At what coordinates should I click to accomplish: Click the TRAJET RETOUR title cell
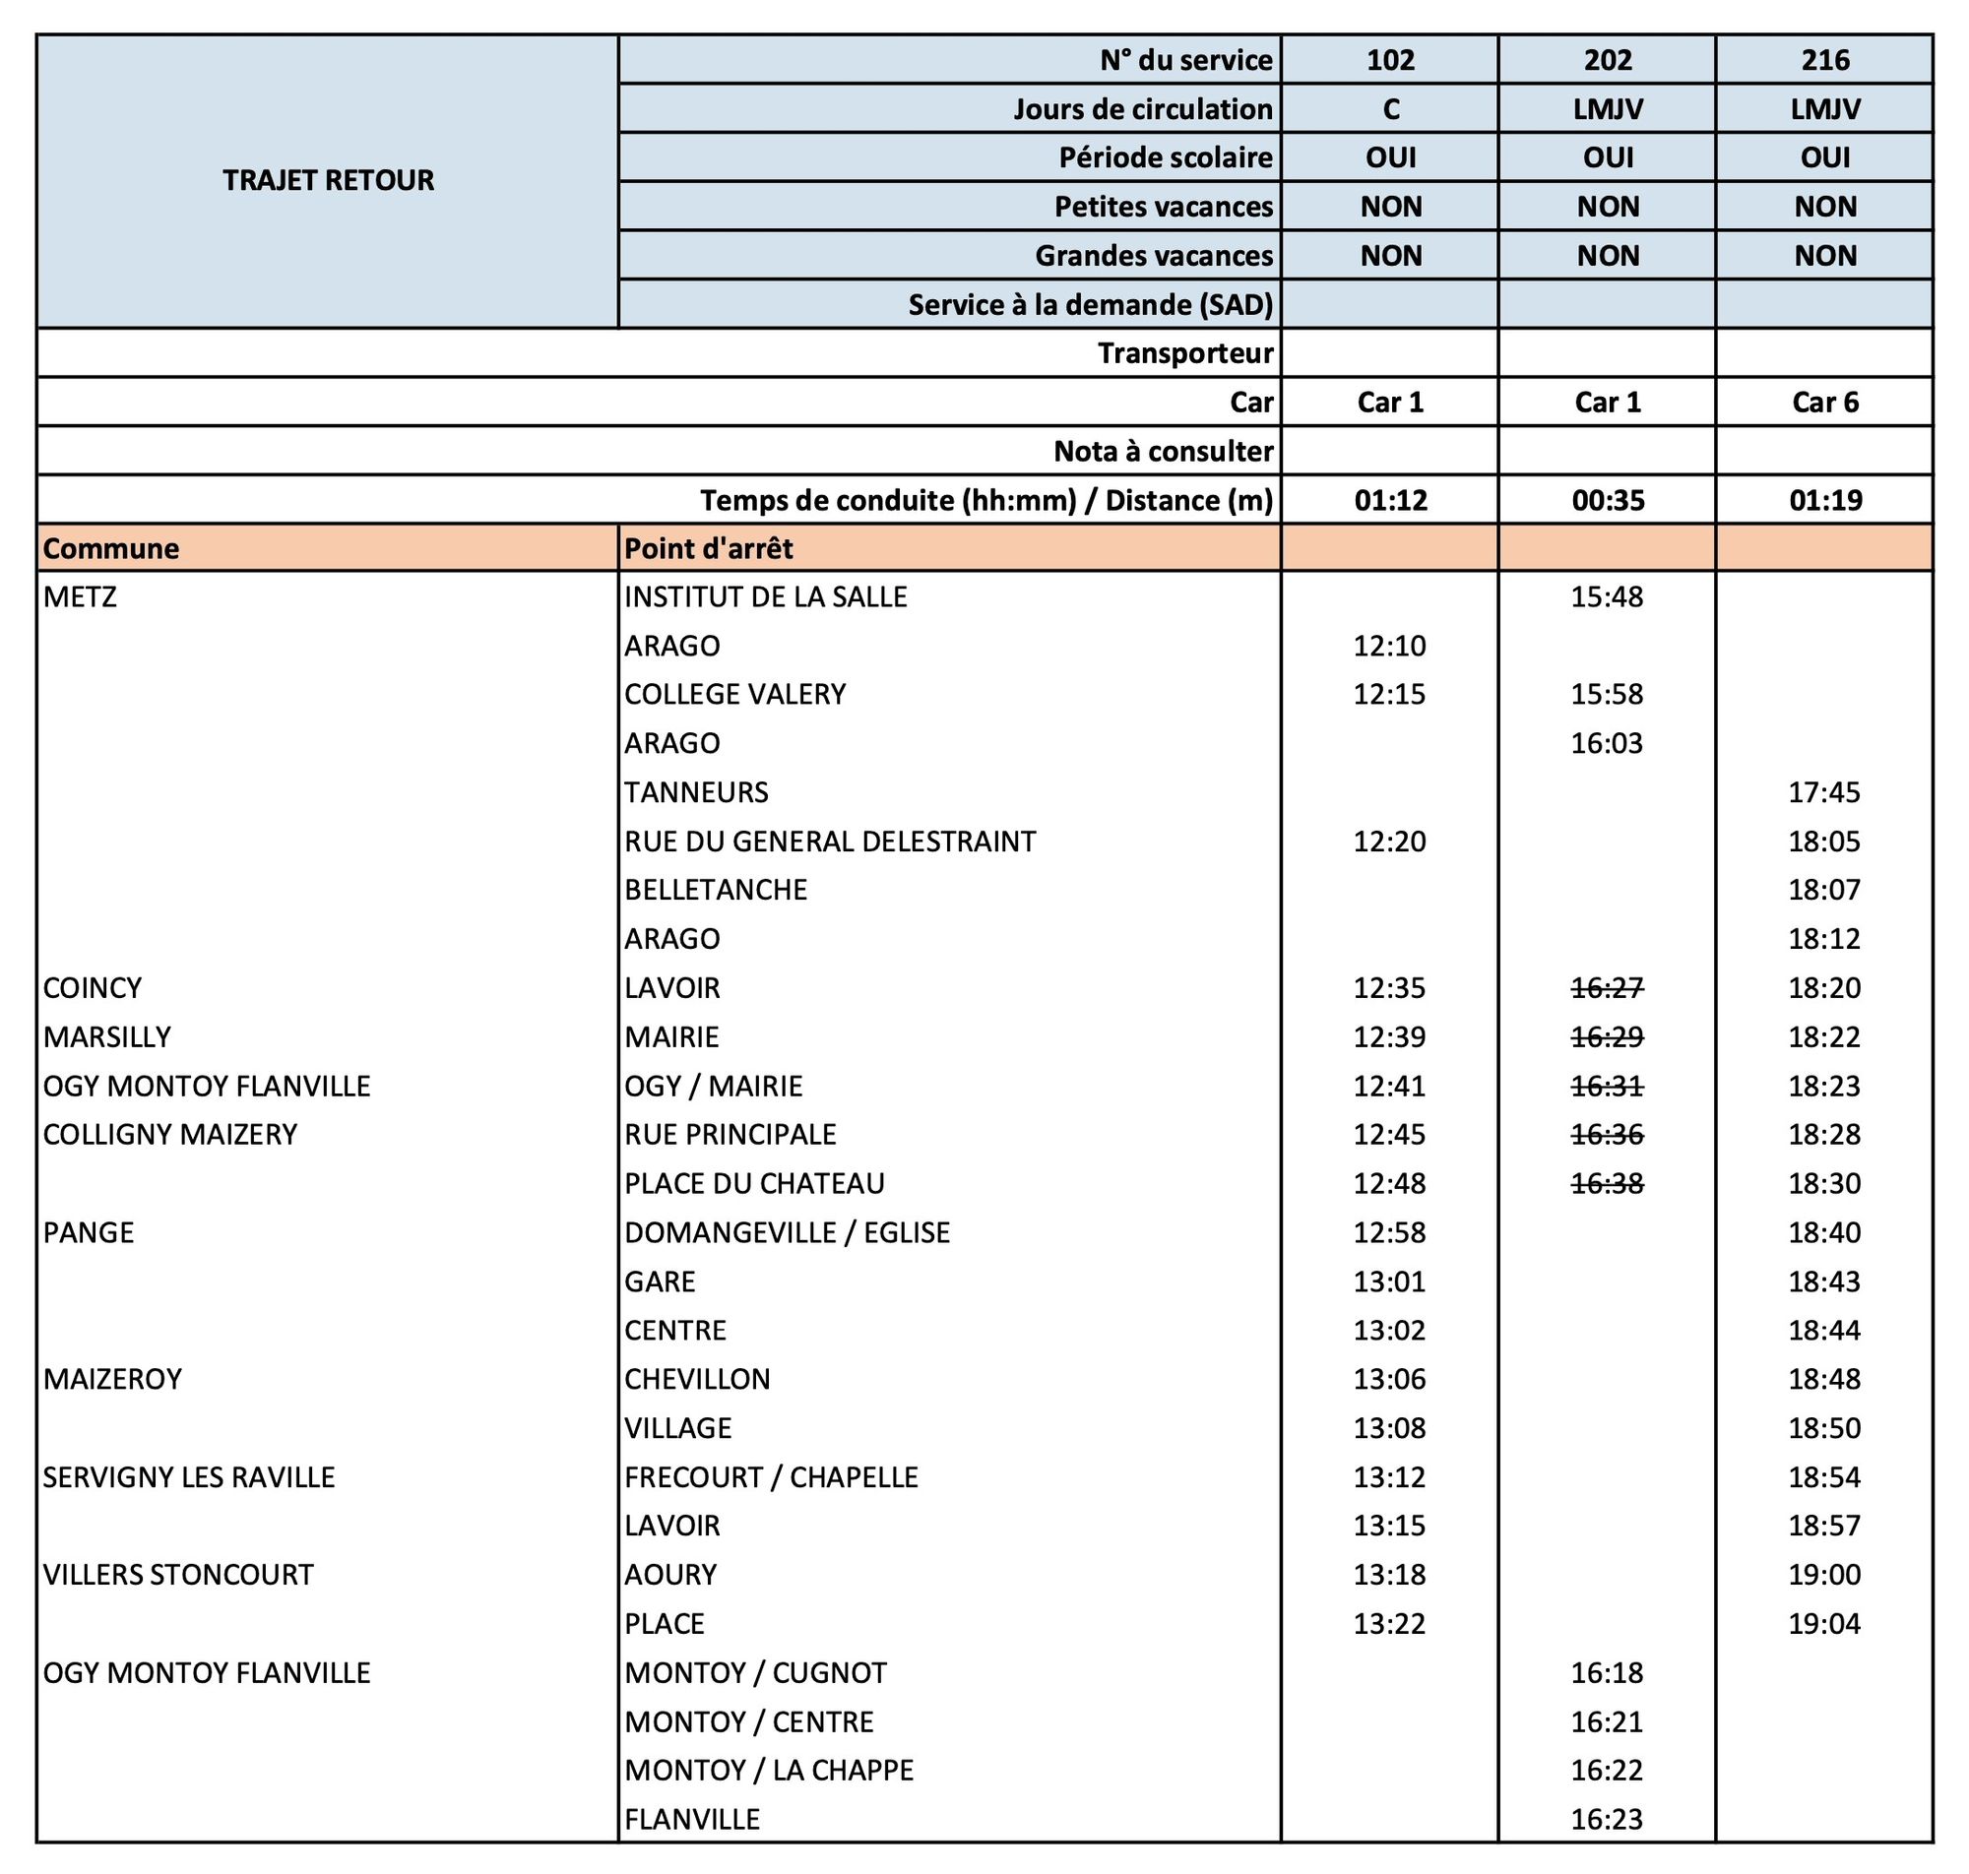(x=328, y=181)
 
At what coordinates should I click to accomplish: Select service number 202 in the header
(x=1607, y=60)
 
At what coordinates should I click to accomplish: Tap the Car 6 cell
(x=1824, y=402)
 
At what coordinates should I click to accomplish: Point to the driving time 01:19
(x=1824, y=499)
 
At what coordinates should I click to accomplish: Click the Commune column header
(x=112, y=548)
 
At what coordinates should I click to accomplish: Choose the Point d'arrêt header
(x=708, y=548)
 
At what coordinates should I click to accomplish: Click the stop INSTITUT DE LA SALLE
(x=765, y=597)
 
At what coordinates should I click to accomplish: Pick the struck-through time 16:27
(x=1607, y=988)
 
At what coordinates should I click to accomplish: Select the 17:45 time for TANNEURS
(x=1824, y=792)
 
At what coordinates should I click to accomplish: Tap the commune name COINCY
(x=93, y=988)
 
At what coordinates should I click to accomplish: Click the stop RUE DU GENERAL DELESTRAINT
(x=830, y=842)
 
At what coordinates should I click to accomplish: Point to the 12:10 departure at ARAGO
(x=1389, y=647)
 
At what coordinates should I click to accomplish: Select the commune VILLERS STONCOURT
(x=178, y=1575)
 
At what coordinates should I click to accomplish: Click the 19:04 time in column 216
(x=1824, y=1623)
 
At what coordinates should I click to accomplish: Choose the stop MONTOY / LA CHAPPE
(x=768, y=1770)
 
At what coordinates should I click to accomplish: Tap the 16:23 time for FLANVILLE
(x=1607, y=1819)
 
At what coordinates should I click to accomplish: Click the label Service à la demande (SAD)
(x=1090, y=305)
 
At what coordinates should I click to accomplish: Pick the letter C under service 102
(x=1389, y=109)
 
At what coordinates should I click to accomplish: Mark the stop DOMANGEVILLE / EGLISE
(x=787, y=1232)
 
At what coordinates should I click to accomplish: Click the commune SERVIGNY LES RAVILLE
(x=189, y=1476)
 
